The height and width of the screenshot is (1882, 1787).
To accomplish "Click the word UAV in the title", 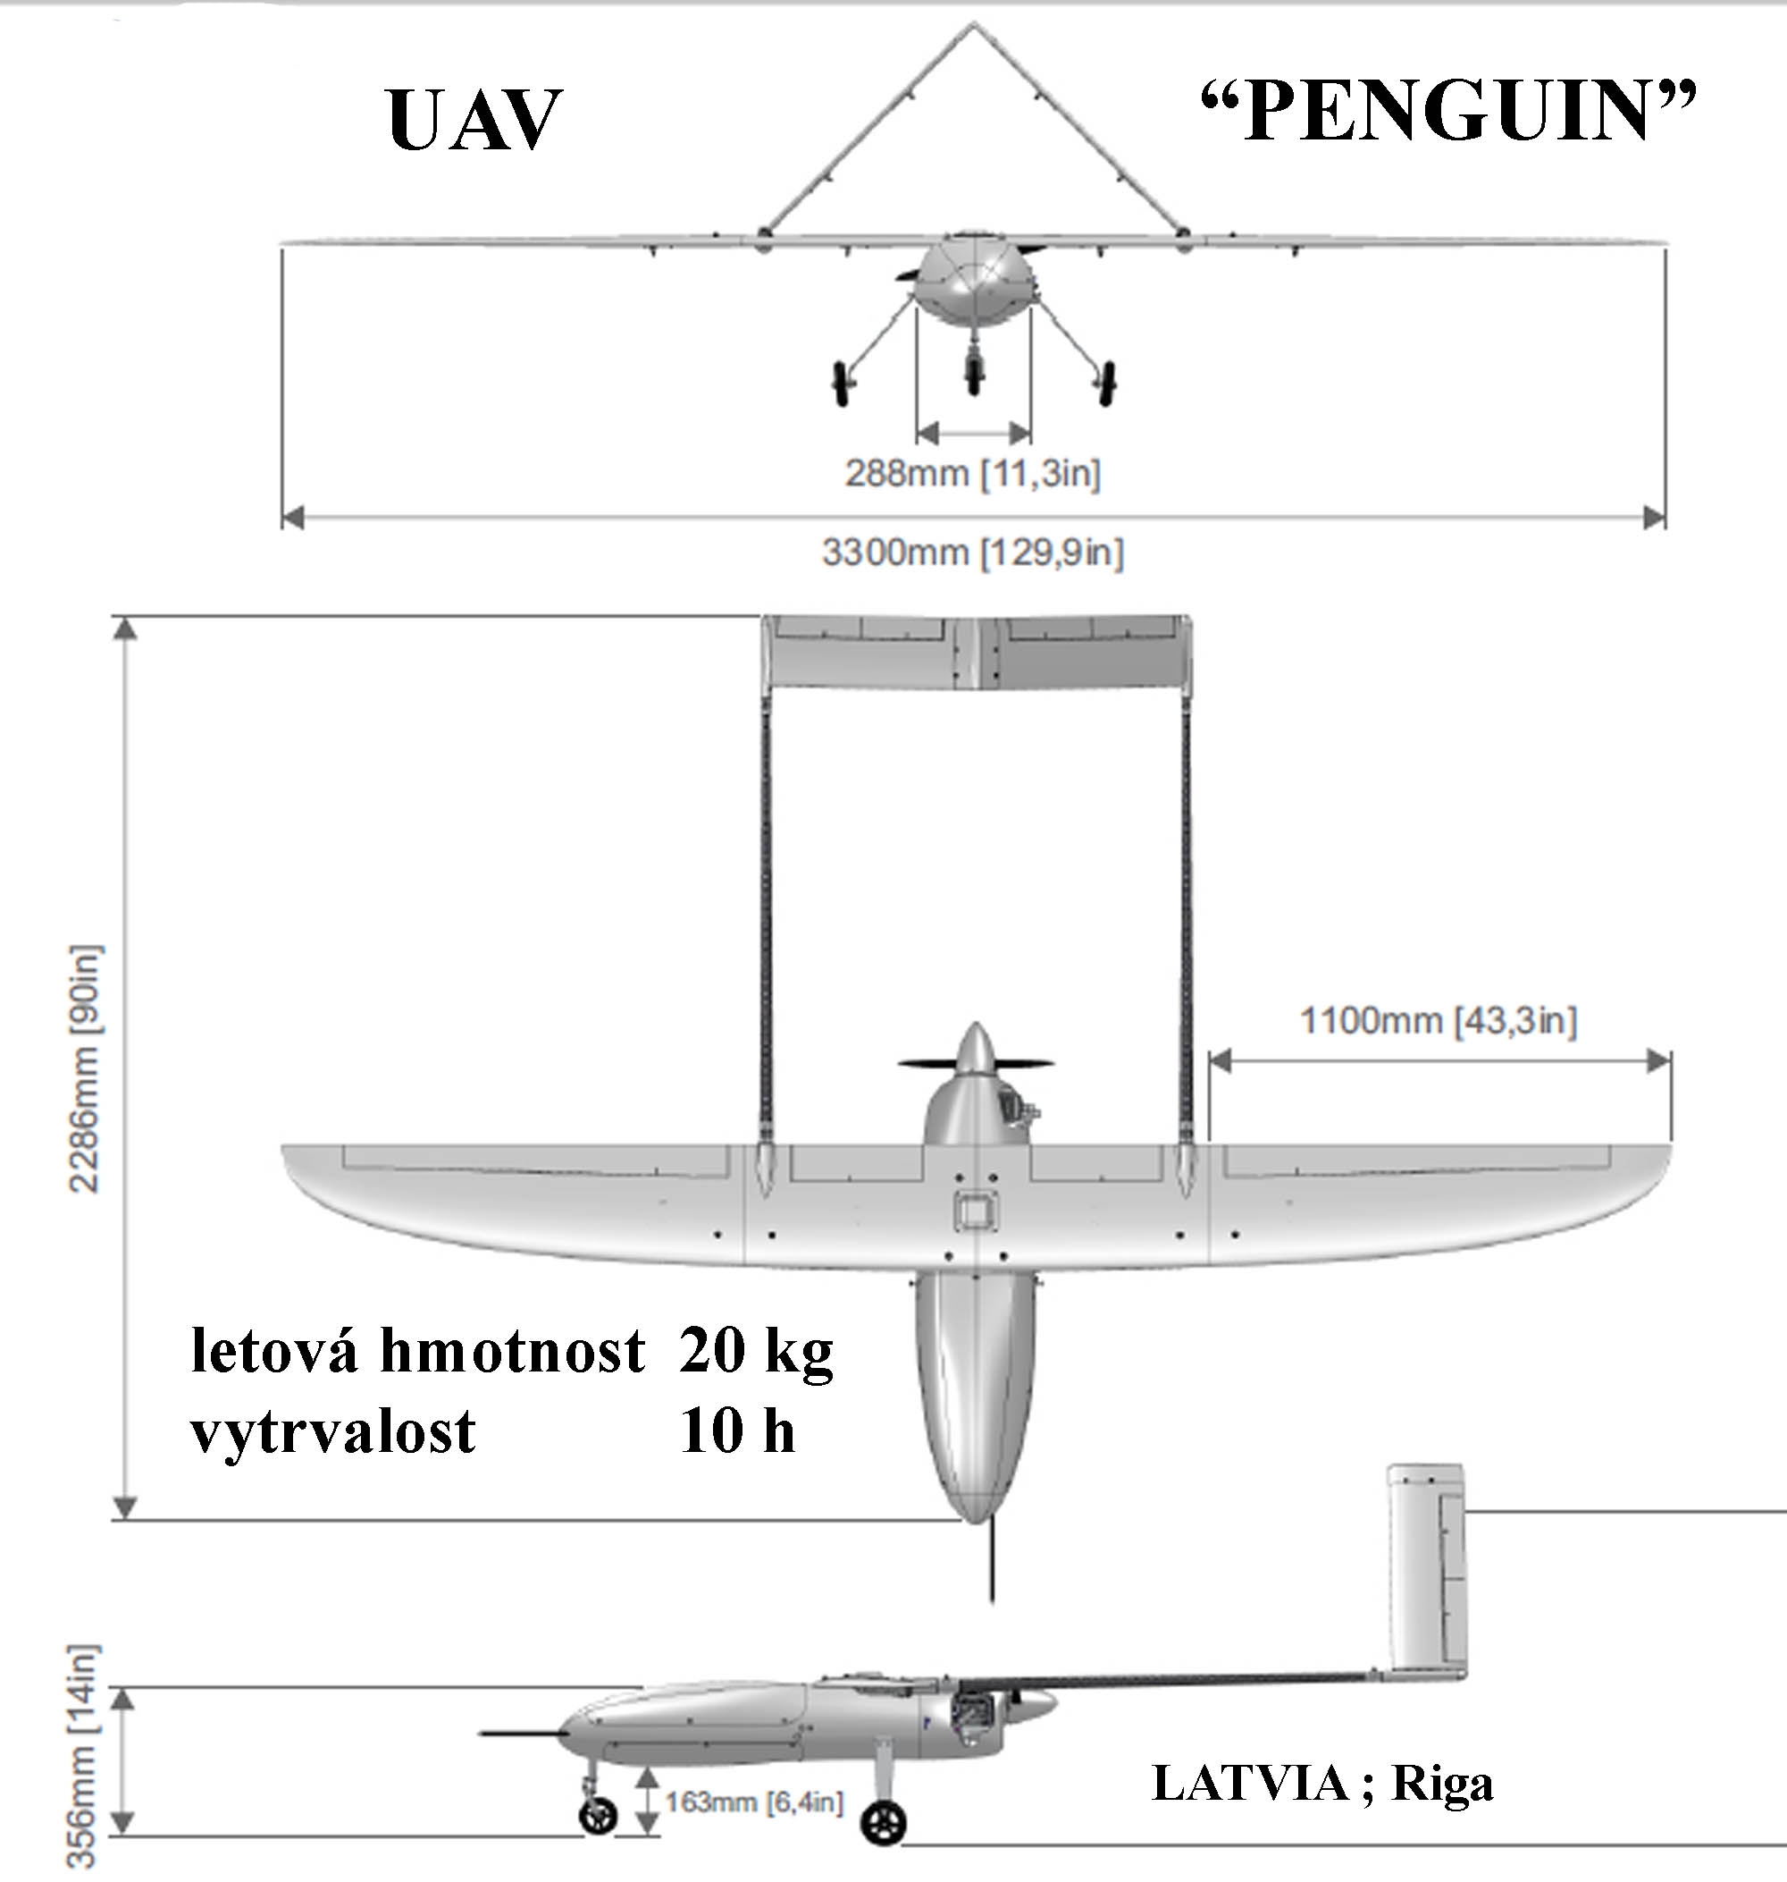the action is pos(474,120).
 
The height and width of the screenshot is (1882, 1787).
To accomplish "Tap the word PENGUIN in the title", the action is pos(1447,113).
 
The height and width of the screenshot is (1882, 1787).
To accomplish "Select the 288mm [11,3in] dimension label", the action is pos(972,473).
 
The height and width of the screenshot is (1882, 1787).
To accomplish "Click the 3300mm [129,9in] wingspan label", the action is pos(972,552).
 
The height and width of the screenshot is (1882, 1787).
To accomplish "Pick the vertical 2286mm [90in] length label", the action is pos(85,1068).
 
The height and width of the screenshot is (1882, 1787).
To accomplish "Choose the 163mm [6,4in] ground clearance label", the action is pos(753,1802).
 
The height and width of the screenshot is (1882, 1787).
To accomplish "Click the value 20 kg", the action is pos(756,1353).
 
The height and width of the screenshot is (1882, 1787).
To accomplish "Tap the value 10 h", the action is pos(737,1432).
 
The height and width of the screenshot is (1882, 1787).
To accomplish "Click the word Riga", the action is pos(1442,1785).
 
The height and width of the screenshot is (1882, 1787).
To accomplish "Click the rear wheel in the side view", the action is pos(882,1824).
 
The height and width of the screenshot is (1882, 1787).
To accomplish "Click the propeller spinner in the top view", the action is pos(975,1052).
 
